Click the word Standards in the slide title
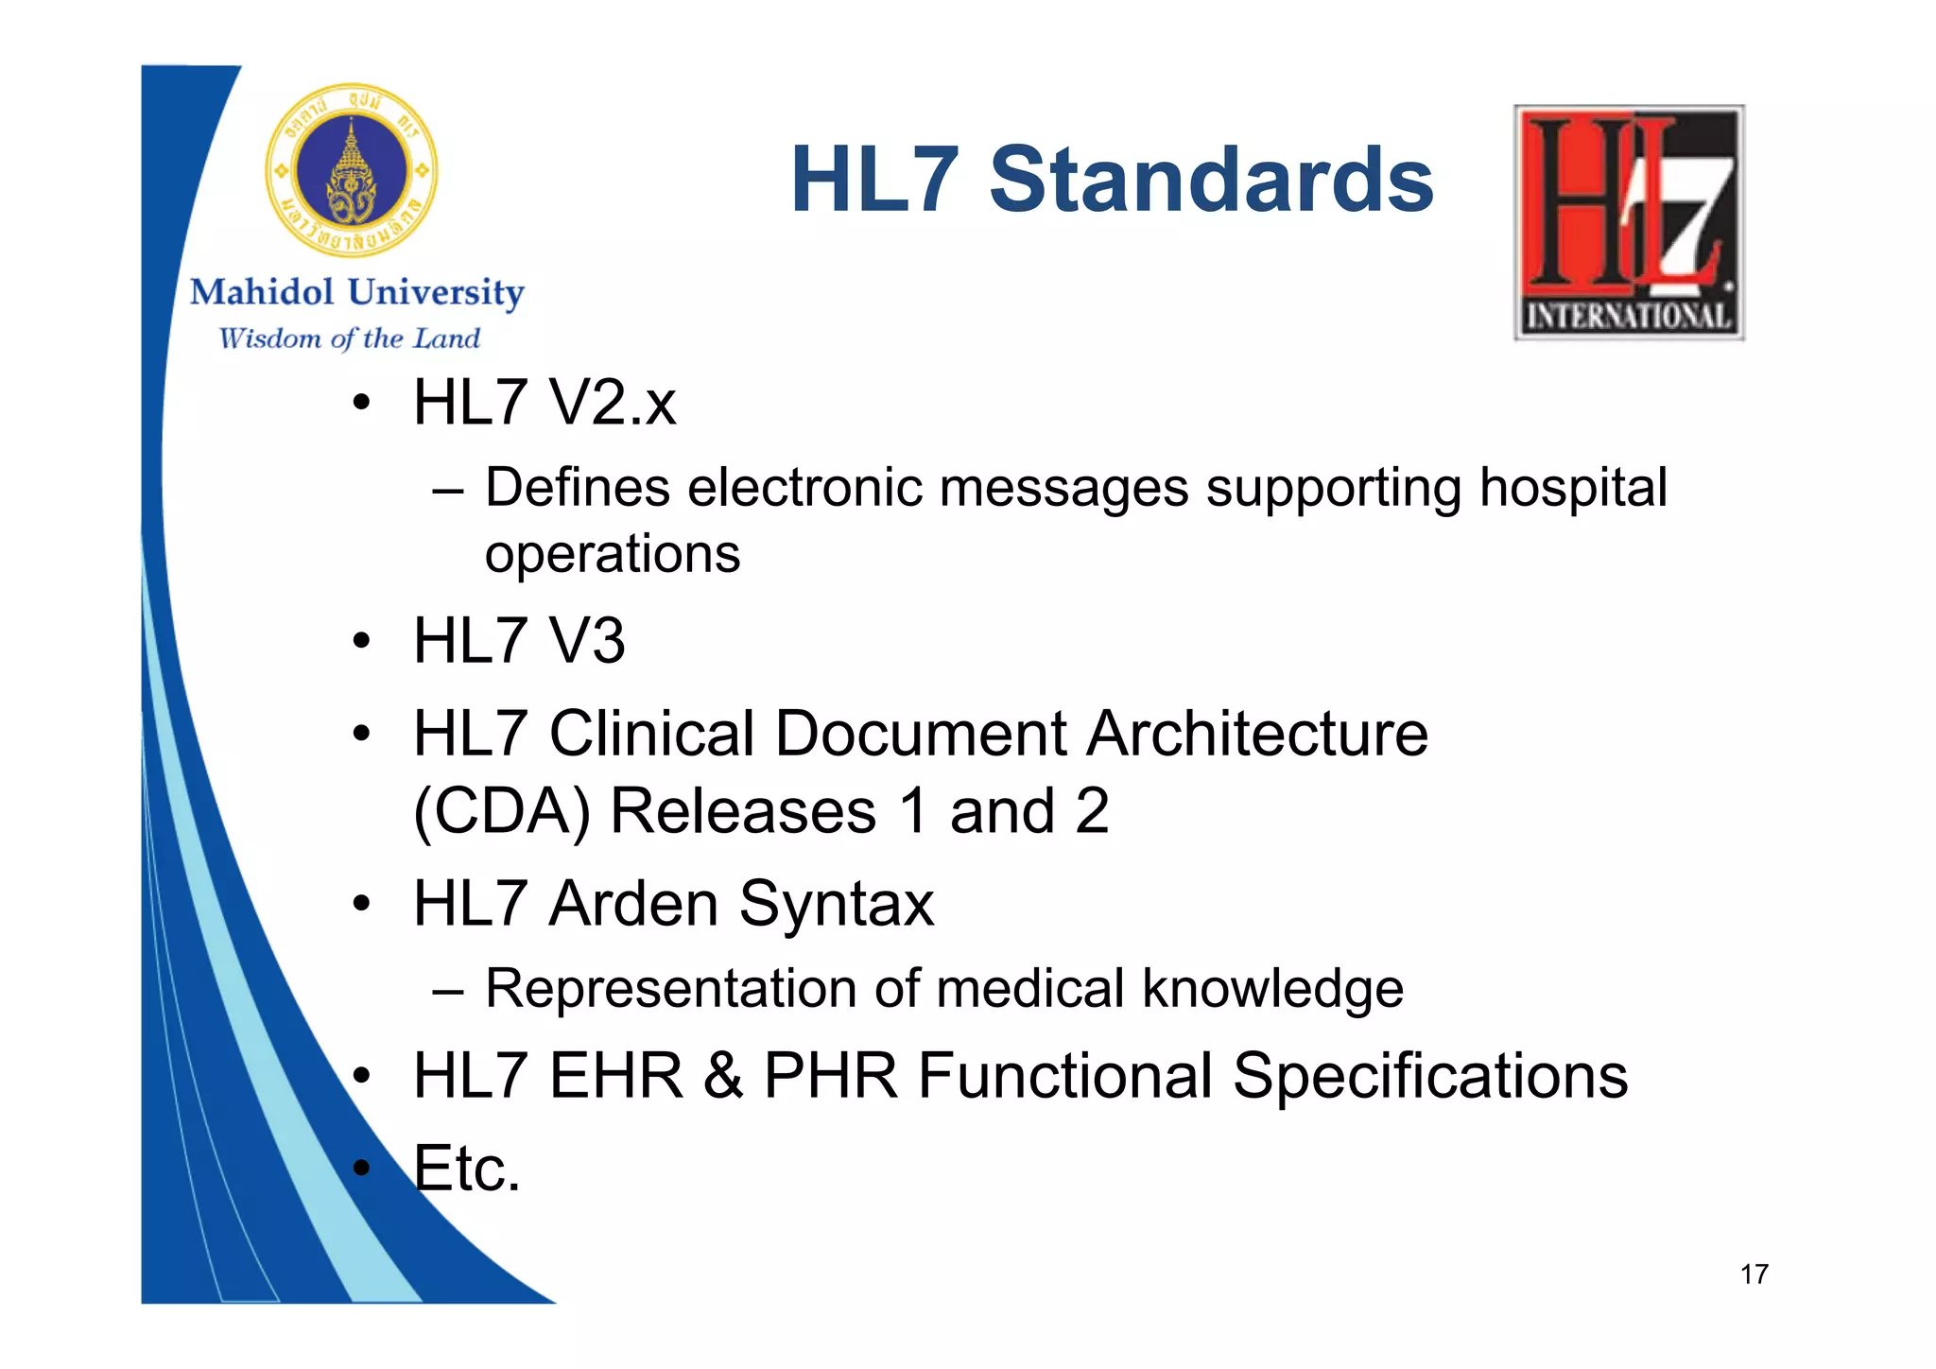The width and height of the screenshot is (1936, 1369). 1211,180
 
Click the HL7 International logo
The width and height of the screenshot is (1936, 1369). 1629,222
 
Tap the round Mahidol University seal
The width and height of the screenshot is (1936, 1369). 352,171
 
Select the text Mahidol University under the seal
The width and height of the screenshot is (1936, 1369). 356,292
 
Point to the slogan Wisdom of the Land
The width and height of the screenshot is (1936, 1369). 350,338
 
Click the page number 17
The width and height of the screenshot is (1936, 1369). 1754,1274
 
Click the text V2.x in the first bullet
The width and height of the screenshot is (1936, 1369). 613,403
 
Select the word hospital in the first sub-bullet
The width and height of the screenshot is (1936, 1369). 1573,488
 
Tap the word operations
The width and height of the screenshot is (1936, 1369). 613,554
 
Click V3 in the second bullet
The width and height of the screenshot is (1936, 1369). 587,641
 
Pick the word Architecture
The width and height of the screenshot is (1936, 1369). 1257,734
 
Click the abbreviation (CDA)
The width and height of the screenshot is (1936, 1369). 502,811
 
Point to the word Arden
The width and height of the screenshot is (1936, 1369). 634,904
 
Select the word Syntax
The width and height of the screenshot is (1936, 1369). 837,904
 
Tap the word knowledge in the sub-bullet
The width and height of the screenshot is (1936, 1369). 1272,989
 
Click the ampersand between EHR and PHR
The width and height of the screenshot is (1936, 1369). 723,1076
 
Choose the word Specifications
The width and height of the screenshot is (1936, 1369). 1430,1076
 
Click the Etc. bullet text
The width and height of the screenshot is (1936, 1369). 467,1169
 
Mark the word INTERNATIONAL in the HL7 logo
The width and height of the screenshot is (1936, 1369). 1629,316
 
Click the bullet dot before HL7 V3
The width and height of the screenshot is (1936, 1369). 360,641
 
